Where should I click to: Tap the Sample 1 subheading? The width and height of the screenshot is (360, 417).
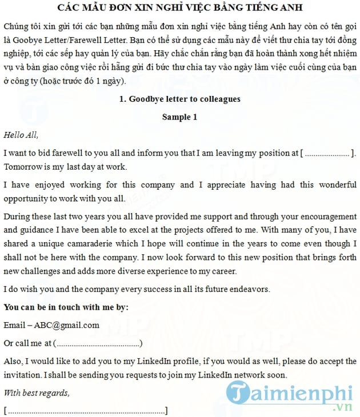click(179, 117)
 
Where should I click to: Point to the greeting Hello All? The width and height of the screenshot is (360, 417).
click(21, 135)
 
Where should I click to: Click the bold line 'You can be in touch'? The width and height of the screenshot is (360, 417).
click(66, 307)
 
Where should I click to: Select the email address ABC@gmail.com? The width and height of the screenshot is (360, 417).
click(66, 325)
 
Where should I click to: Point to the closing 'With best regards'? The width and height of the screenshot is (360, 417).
click(37, 393)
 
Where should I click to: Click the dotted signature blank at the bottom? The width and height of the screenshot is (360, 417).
click(86, 411)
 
